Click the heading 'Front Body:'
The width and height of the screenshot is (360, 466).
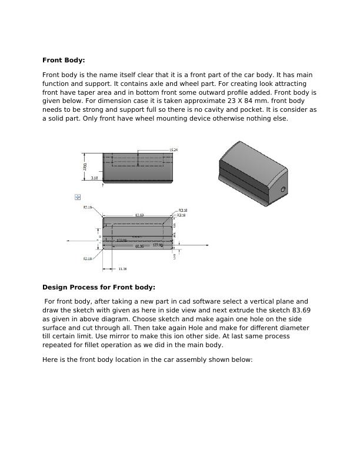(x=64, y=60)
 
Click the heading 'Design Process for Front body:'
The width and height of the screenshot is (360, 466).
(x=98, y=287)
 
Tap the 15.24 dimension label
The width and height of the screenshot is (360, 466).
(x=173, y=150)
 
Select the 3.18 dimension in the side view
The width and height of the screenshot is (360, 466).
(x=94, y=178)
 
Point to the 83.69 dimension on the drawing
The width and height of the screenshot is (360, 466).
(x=139, y=215)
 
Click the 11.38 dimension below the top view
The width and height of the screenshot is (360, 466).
(x=122, y=269)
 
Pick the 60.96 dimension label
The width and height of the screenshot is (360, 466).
(x=139, y=247)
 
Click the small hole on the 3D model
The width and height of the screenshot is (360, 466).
(x=283, y=189)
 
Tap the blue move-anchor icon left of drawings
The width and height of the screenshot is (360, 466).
(x=78, y=197)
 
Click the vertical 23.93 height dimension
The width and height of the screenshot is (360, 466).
(x=86, y=167)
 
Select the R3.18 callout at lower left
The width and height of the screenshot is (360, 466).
(x=87, y=258)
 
